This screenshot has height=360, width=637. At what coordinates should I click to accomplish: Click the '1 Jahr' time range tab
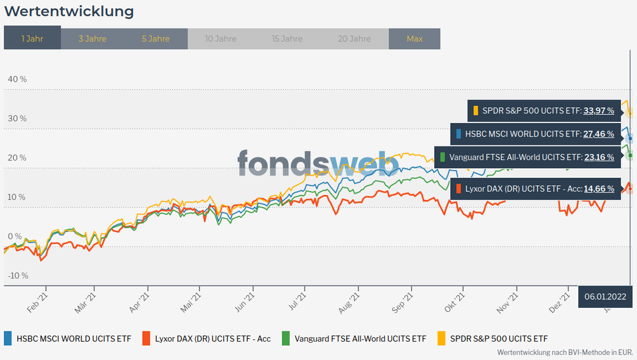pos(32,38)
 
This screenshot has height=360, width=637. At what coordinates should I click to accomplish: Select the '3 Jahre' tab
pos(92,38)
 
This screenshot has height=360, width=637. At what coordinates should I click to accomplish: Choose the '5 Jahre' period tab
pos(156,38)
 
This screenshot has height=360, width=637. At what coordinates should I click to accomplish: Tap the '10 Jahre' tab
pos(221,38)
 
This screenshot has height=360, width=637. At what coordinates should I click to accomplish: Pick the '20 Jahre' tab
pos(354,38)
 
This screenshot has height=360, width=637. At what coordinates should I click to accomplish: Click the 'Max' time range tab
pos(414,38)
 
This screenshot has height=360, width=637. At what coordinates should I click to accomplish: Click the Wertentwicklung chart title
pos(69,11)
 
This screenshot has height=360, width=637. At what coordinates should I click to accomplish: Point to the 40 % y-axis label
pos(17,79)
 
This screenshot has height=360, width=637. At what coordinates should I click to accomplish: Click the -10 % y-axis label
pos(17,275)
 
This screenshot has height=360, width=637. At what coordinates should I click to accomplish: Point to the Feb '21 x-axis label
pos(38,299)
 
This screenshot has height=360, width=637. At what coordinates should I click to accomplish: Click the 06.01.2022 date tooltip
pos(604,296)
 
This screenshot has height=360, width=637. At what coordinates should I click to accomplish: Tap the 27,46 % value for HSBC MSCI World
pos(598,134)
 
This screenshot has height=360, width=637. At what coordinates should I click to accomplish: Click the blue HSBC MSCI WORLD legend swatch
pos(8,338)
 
